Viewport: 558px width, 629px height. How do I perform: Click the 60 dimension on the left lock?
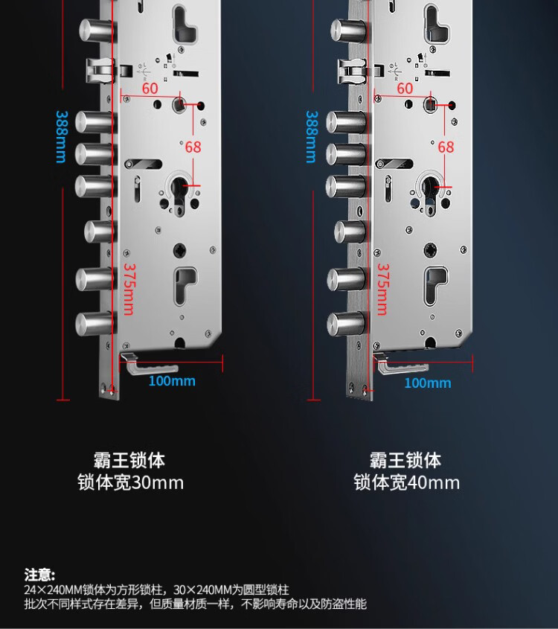coord(150,88)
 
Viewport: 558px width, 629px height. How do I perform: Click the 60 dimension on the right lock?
coord(404,88)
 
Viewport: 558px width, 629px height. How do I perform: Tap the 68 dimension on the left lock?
coord(193,147)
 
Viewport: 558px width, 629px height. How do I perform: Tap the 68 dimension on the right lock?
coord(445,147)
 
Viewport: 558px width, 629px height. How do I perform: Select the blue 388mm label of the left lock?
coord(60,137)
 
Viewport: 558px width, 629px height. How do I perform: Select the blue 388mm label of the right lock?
coord(311,137)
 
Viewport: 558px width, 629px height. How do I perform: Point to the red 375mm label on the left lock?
coord(128,289)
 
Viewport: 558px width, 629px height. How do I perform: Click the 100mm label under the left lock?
coord(172,381)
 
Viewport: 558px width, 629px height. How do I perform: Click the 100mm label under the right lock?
coord(427,383)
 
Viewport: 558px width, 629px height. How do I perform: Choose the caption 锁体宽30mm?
coord(130,482)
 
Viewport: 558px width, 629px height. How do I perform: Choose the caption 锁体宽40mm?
coord(406,482)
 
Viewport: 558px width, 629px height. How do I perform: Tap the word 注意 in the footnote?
coord(39,574)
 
